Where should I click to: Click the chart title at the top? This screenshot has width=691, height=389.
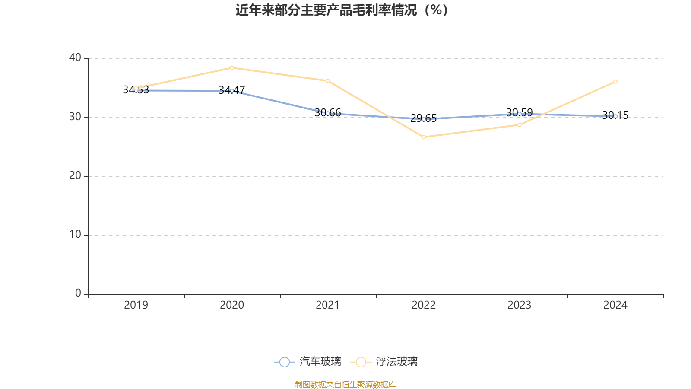click(342, 10)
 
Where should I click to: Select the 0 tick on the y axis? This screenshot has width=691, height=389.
click(78, 293)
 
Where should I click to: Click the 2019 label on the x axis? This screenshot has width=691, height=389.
click(136, 305)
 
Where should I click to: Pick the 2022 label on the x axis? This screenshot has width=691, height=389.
click(424, 305)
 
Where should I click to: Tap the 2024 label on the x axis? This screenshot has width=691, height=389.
click(615, 305)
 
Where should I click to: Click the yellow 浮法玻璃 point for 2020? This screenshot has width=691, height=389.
click(232, 67)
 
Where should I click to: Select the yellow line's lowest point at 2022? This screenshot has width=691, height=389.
click(424, 137)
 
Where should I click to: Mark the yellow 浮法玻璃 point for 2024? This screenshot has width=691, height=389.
click(615, 82)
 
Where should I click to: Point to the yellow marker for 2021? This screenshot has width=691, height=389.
click(328, 81)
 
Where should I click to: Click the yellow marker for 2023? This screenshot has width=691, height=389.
click(520, 125)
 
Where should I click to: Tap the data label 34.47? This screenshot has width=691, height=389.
click(232, 90)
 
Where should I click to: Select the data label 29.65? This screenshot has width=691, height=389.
click(424, 118)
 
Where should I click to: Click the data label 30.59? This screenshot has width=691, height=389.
click(520, 113)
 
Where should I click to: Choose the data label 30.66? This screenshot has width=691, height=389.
click(328, 113)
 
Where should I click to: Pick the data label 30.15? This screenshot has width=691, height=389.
click(615, 115)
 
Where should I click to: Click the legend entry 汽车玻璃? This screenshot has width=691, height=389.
click(308, 362)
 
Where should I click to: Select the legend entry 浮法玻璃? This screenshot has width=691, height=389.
click(384, 362)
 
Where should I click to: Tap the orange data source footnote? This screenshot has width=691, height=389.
click(345, 384)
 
